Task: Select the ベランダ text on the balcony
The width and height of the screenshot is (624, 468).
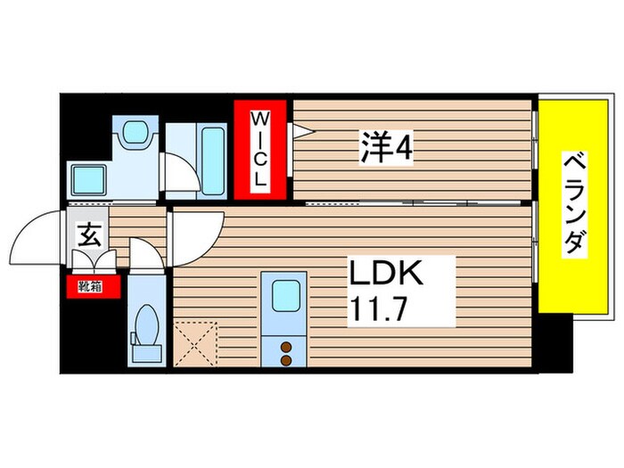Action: coord(575,202)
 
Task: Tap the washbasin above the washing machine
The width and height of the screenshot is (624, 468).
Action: coord(135,135)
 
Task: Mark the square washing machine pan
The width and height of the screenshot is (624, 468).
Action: coord(90,182)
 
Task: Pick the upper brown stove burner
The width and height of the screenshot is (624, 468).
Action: coord(287,346)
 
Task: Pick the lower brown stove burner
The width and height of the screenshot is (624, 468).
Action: coord(287,360)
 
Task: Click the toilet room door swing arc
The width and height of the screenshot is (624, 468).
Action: coord(142,254)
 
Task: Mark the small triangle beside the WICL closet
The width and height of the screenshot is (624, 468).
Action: coord(301,132)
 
